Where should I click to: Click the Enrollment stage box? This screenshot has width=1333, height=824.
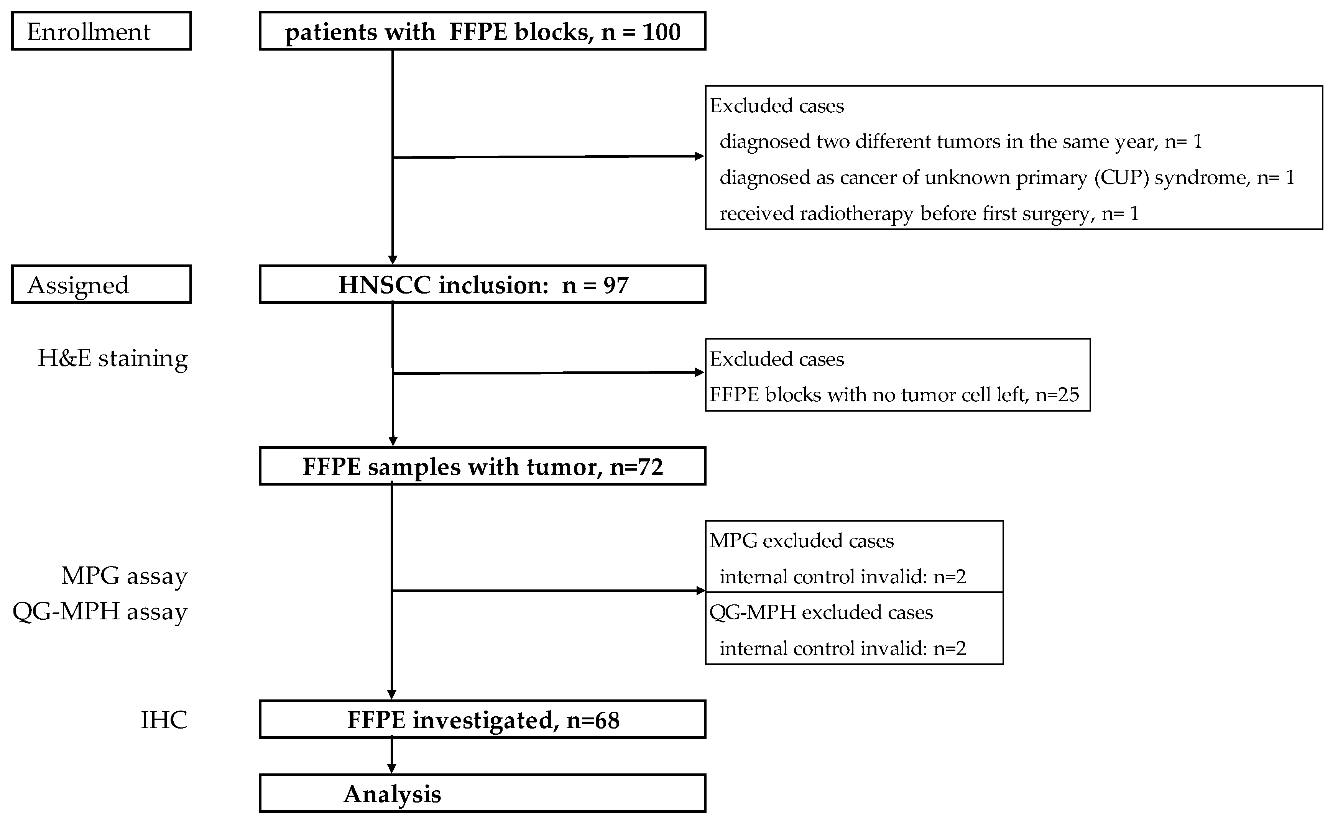click(101, 31)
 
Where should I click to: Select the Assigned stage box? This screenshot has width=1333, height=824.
click(101, 284)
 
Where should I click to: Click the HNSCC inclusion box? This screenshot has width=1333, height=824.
click(482, 284)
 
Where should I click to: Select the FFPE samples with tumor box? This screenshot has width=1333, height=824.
click(482, 466)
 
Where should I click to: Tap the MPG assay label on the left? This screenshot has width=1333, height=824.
click(124, 576)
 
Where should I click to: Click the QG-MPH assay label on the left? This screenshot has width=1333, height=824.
click(100, 611)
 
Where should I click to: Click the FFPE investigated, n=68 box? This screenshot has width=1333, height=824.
click(482, 720)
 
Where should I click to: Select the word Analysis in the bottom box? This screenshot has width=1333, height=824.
click(392, 794)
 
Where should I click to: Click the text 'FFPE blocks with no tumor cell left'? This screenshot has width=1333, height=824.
click(869, 394)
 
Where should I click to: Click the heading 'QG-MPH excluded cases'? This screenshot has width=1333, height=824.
click(821, 612)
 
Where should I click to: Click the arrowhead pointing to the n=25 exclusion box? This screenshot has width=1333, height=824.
click(699, 372)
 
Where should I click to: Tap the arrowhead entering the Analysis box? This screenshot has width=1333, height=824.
click(391, 768)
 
